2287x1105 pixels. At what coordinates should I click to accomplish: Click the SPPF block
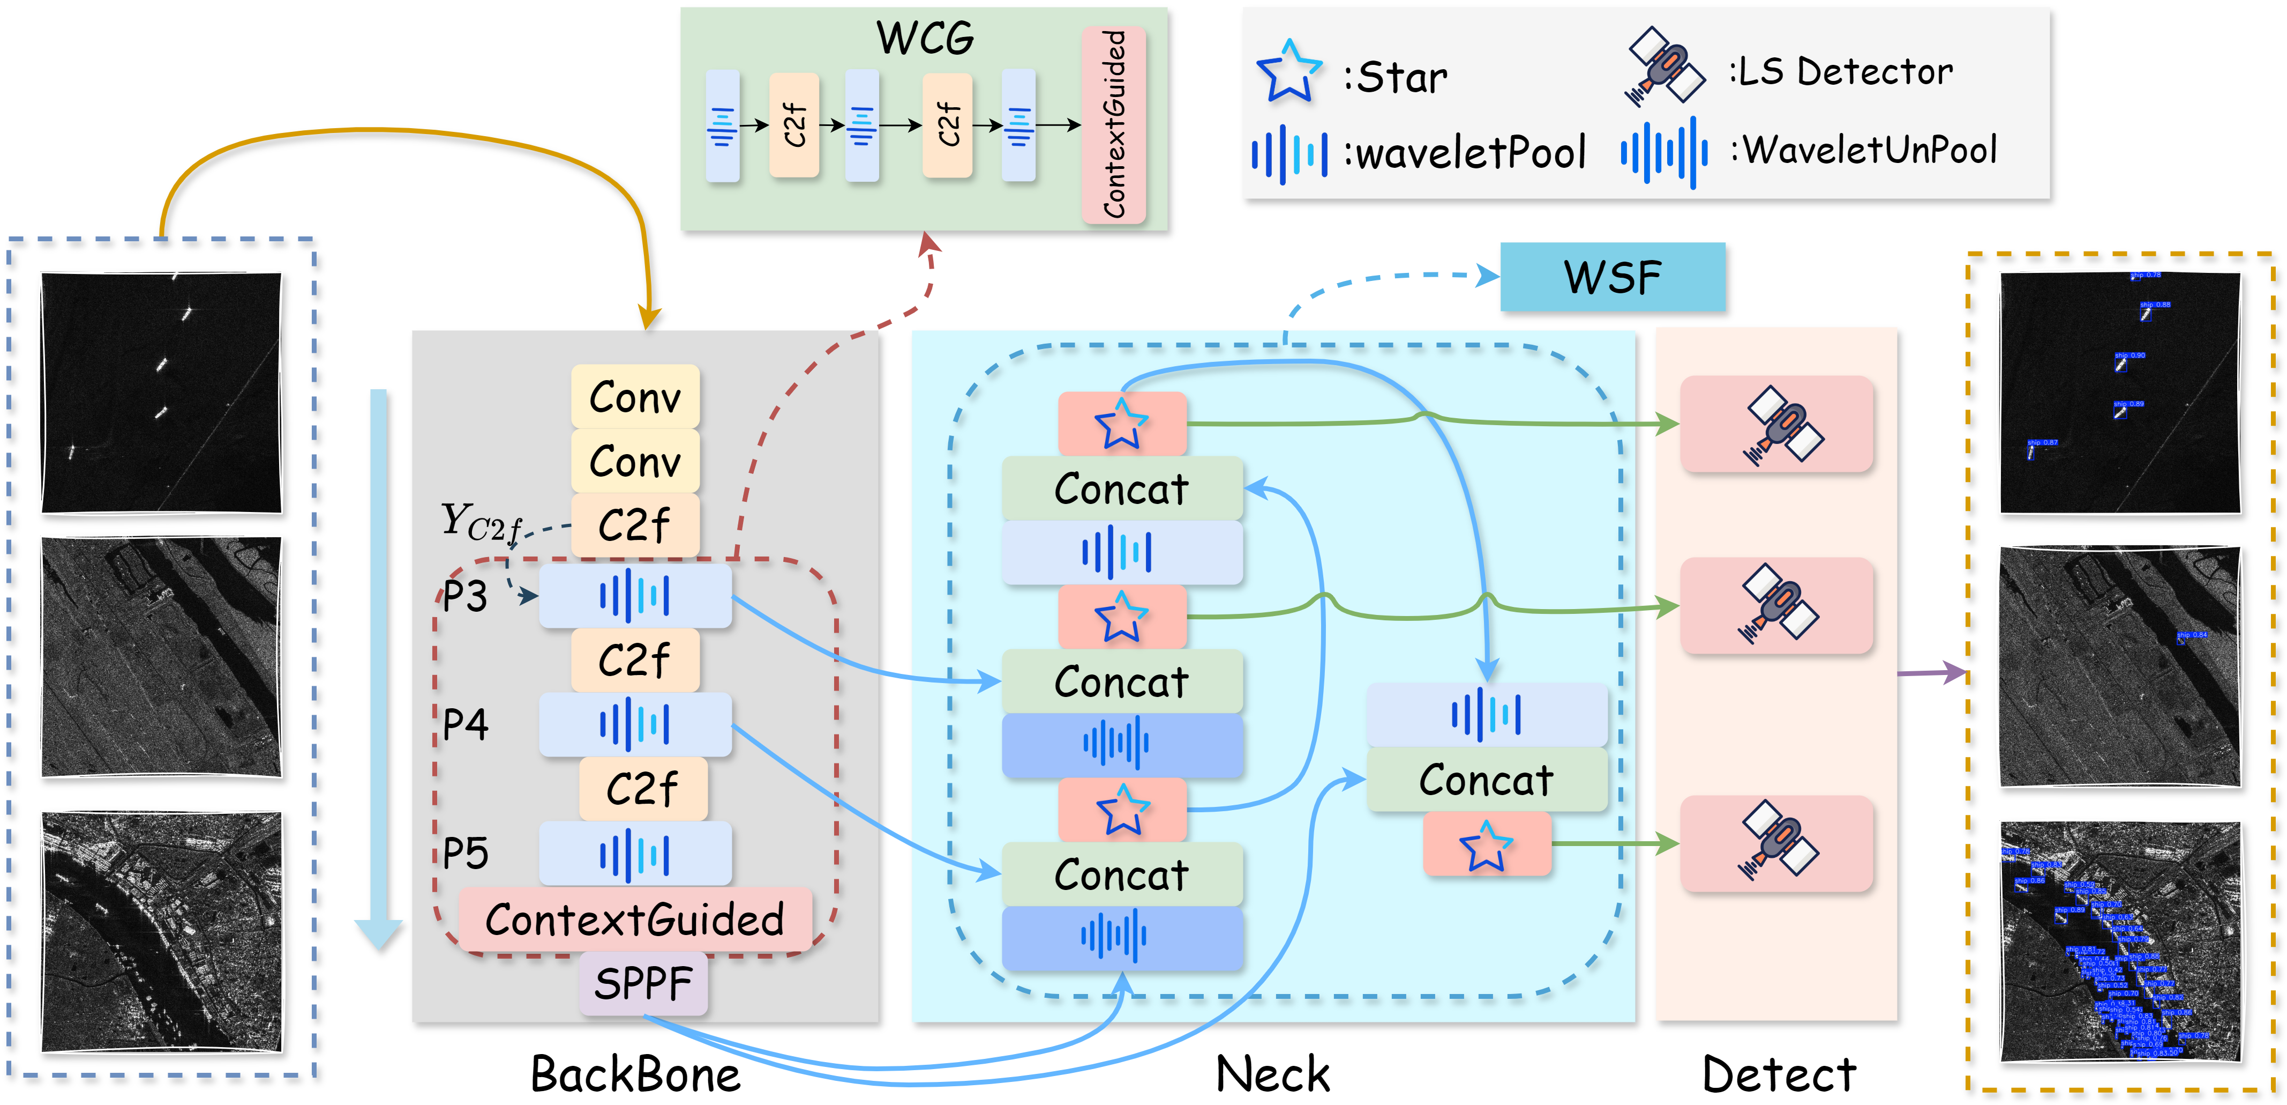click(643, 983)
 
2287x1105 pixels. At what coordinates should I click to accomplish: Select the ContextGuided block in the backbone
click(635, 919)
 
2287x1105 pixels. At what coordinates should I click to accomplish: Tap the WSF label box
click(1613, 277)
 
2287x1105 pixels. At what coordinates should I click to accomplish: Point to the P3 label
click(465, 596)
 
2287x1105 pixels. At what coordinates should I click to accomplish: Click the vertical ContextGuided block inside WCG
click(1113, 124)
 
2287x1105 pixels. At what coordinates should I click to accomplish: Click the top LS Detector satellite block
click(1776, 425)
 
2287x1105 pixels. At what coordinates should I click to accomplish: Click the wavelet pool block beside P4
click(635, 724)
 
